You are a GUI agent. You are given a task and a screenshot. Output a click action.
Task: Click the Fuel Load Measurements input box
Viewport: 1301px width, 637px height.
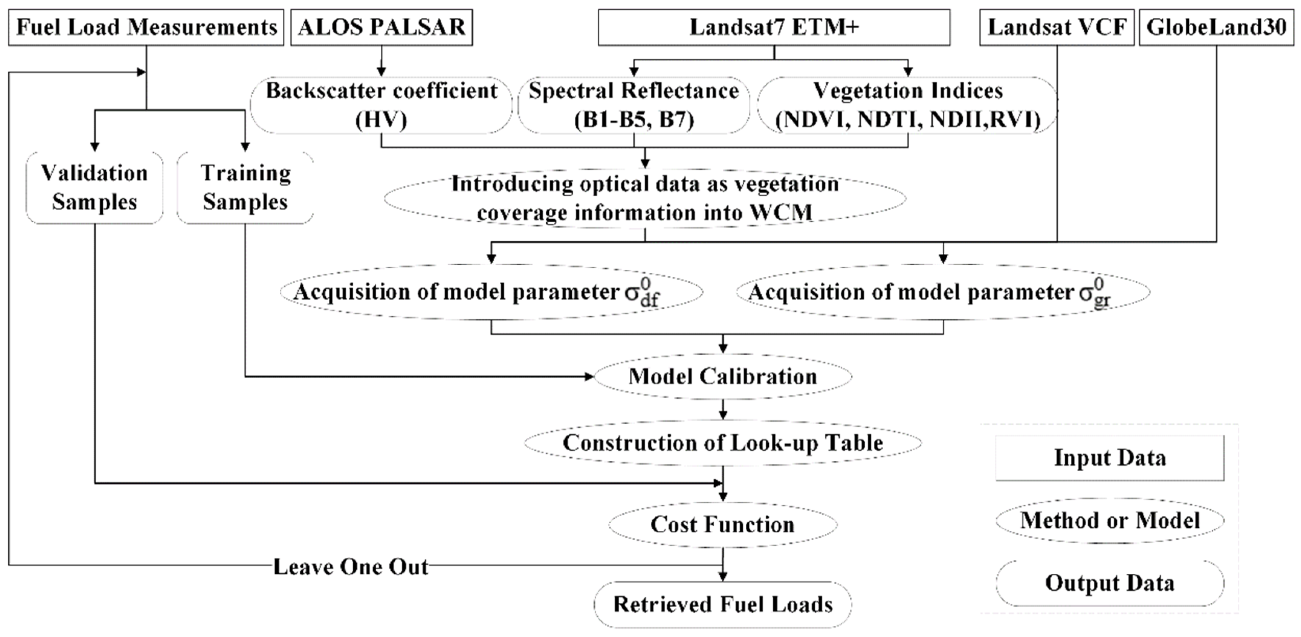point(146,27)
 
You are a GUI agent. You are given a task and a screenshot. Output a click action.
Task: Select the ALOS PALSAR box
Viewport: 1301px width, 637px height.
point(381,27)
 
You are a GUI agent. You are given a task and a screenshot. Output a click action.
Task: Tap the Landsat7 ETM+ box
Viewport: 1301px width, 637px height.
point(774,27)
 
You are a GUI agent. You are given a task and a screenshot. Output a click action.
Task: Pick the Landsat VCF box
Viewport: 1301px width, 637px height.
point(1057,27)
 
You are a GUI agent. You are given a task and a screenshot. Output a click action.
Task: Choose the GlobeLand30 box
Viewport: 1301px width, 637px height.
point(1216,27)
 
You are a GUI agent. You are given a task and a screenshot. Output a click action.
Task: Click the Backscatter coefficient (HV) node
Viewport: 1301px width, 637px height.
point(381,105)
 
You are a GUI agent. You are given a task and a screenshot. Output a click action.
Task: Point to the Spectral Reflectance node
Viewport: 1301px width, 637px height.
point(634,105)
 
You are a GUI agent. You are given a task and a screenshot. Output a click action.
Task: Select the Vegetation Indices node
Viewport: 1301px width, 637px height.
point(907,105)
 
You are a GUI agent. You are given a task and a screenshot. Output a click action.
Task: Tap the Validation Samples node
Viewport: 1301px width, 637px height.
point(94,187)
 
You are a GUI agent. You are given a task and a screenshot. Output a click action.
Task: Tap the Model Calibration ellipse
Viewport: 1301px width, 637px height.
point(723,376)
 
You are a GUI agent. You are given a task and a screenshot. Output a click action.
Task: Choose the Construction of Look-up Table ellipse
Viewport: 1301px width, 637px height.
point(723,443)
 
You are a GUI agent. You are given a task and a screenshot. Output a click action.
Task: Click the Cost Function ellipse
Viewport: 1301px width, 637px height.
point(723,524)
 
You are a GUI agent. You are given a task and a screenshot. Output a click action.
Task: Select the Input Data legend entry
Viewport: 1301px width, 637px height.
point(1110,458)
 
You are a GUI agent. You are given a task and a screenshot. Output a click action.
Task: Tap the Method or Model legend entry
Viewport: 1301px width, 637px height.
point(1110,520)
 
